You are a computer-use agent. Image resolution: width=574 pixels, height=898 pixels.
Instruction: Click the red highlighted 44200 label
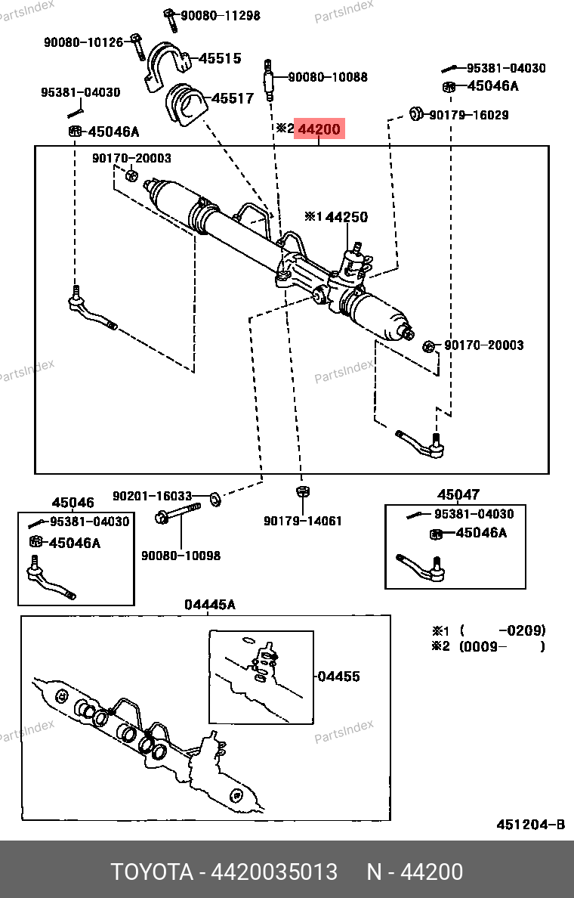319,129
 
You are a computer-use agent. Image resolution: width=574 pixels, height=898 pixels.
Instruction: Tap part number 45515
220,58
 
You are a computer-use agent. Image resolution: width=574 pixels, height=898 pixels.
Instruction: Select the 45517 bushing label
232,98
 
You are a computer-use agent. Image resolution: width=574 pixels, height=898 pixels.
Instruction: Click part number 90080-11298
220,15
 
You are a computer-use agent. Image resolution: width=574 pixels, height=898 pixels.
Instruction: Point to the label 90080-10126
83,42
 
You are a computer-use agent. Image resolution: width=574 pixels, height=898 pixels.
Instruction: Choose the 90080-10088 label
328,77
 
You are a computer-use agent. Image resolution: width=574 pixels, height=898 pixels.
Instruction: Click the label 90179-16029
469,115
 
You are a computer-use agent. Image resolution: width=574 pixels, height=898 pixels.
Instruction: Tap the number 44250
347,217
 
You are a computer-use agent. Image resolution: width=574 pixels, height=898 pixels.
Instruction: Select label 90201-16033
153,496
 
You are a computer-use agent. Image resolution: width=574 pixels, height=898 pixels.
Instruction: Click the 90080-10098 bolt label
181,556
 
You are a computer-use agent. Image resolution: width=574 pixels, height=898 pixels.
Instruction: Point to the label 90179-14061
302,521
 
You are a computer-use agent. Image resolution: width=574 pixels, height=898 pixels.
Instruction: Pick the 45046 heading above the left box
73,503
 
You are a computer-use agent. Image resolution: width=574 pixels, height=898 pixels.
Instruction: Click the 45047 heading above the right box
458,495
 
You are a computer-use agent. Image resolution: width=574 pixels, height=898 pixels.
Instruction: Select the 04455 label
338,677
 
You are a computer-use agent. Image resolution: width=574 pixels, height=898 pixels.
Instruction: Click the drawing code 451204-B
530,825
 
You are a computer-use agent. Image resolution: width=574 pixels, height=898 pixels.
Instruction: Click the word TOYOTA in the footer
152,872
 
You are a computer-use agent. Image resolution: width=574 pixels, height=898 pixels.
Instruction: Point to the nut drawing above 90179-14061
301,493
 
